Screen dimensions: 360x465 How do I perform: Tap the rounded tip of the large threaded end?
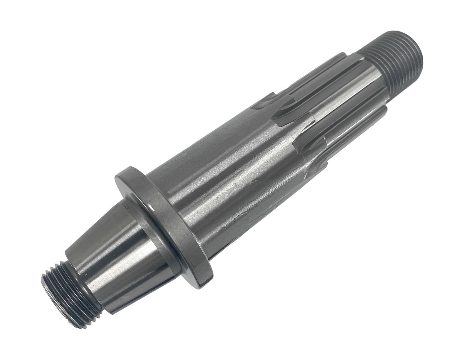[x=417, y=52]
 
